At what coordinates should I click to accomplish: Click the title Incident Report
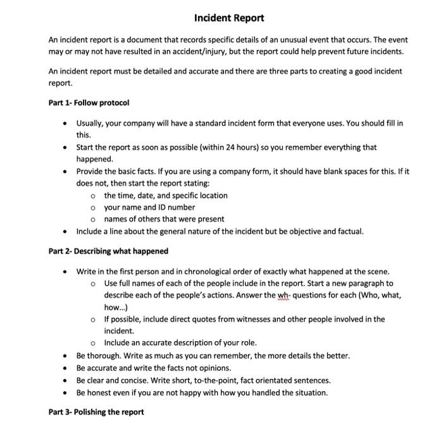tap(229, 18)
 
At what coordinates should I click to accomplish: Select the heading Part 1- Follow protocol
tap(89, 103)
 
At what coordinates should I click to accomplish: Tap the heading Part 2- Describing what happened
tap(108, 251)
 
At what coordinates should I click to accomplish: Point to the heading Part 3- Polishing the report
tap(96, 412)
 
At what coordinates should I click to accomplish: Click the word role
tap(248, 343)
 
